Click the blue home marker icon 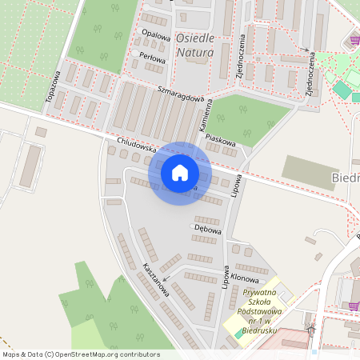point(180,173)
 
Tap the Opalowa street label point(156,35)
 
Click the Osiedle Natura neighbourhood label point(194,46)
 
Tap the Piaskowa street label point(219,138)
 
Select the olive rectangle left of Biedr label point(309,172)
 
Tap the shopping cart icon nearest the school point(354,305)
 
